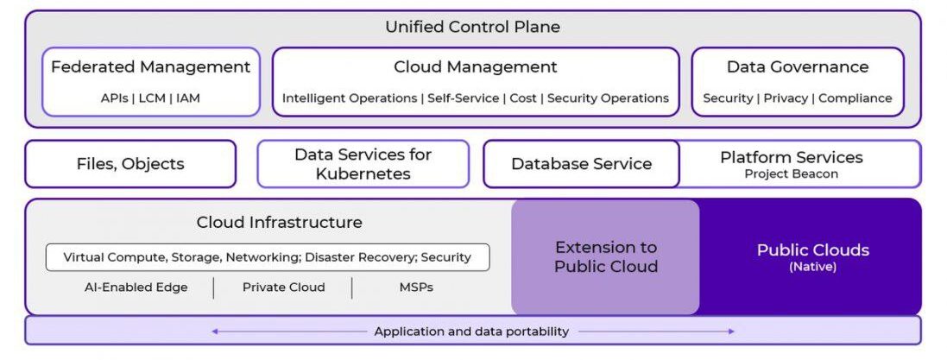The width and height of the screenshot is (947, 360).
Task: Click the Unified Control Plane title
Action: pyautogui.click(x=472, y=27)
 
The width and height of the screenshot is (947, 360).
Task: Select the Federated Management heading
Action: pyautogui.click(x=151, y=66)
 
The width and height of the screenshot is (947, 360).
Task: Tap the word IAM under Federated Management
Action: pyautogui.click(x=187, y=98)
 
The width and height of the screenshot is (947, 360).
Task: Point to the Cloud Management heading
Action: pyautogui.click(x=476, y=66)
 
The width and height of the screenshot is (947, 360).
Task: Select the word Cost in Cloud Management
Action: pyautogui.click(x=523, y=98)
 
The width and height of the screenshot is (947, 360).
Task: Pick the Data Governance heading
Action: pyautogui.click(x=798, y=66)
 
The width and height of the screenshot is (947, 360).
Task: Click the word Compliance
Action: pyautogui.click(x=855, y=98)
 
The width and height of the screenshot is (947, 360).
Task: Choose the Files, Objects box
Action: pyautogui.click(x=130, y=164)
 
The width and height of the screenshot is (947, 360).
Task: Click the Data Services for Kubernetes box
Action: pyautogui.click(x=363, y=164)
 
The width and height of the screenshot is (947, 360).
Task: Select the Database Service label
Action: pyautogui.click(x=582, y=164)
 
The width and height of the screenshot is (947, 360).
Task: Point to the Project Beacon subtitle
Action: pyautogui.click(x=792, y=174)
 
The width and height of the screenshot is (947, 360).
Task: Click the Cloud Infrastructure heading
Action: pyautogui.click(x=280, y=222)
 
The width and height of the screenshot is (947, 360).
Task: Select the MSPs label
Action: pyautogui.click(x=416, y=287)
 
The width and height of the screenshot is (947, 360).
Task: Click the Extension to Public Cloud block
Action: pyautogui.click(x=606, y=256)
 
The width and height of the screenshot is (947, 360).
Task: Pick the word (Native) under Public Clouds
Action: pyautogui.click(x=812, y=268)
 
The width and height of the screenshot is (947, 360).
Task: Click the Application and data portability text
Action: pyautogui.click(x=471, y=332)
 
